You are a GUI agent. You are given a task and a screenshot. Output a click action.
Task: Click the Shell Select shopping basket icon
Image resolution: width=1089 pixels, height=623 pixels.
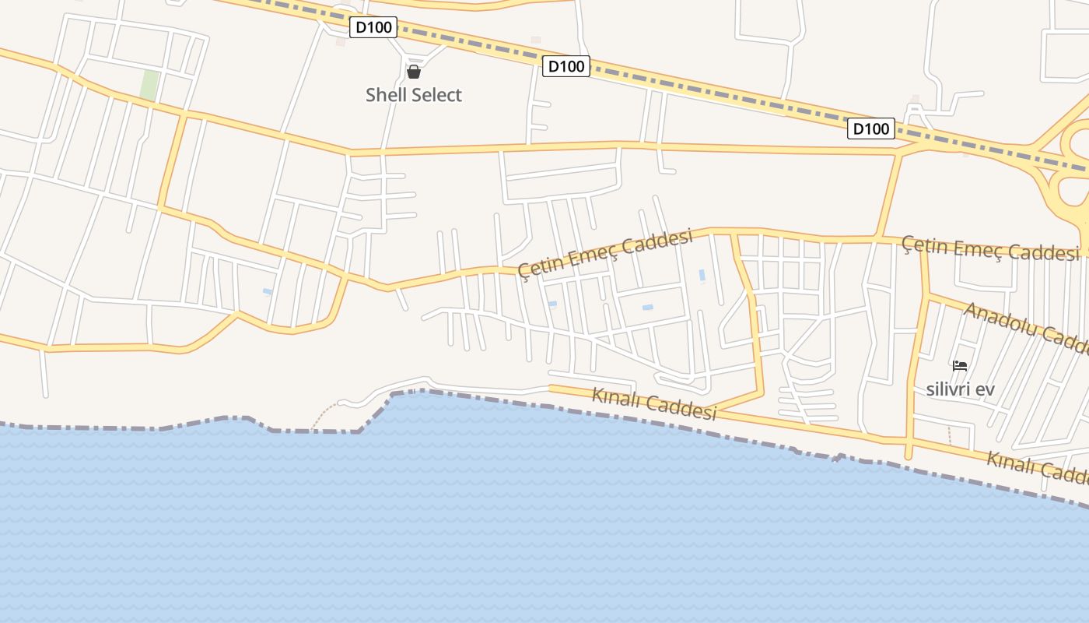[x=414, y=72]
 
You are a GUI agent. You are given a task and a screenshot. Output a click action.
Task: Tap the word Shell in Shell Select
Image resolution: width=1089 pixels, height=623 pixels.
[x=386, y=95]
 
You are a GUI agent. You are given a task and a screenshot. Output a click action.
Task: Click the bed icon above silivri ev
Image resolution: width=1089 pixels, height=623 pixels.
[x=960, y=365]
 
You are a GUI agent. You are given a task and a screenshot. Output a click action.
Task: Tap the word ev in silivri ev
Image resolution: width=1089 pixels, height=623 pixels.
[x=986, y=389]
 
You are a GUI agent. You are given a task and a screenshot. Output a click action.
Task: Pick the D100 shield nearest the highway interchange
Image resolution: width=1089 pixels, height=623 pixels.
[x=870, y=128]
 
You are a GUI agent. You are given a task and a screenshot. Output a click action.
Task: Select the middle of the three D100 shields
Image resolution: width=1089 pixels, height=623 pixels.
[x=566, y=66]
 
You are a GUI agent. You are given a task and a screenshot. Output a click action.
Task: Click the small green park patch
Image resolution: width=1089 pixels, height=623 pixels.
[x=149, y=86]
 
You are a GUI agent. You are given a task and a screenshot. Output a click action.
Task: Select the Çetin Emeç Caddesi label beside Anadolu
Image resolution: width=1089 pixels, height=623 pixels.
[x=990, y=249]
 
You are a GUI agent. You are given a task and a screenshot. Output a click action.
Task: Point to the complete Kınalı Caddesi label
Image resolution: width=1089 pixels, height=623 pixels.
[x=654, y=403]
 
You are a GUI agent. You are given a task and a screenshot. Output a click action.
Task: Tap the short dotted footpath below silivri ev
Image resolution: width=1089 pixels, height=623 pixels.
[x=949, y=435]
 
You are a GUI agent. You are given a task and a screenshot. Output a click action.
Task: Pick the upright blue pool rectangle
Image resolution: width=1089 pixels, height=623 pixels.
[x=702, y=276]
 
